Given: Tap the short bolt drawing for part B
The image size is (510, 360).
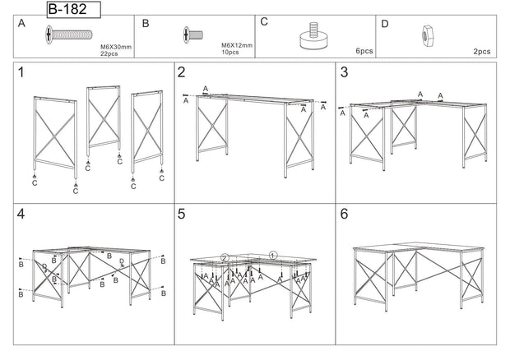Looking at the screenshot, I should (192, 35).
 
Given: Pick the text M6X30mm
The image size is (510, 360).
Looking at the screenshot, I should (116, 47).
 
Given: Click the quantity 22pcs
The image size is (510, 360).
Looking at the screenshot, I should (111, 53).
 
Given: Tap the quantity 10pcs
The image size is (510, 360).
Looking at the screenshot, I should (230, 53).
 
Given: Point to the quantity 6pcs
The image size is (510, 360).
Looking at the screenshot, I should (364, 51).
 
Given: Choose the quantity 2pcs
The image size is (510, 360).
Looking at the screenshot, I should (482, 51).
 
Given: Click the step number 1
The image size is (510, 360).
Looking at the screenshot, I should (22, 73).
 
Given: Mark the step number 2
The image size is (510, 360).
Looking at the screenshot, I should (182, 73).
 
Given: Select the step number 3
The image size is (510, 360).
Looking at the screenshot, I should (345, 73).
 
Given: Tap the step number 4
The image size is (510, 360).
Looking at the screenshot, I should (22, 215).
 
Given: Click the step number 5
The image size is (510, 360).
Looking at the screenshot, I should (182, 215).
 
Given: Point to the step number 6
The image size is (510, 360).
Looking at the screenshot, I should (345, 215).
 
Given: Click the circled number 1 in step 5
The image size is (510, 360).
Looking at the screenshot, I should (274, 256).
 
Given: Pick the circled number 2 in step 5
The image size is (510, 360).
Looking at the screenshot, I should (223, 257).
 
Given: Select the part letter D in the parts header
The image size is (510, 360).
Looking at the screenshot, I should (384, 23).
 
